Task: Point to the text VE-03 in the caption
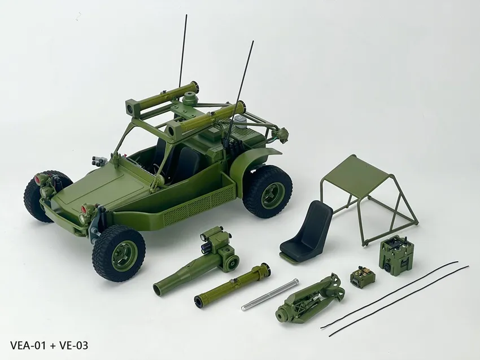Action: pyautogui.click(x=72, y=345)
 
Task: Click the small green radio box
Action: pyautogui.click(x=361, y=276)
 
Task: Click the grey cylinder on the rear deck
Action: pyautogui.click(x=243, y=124)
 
